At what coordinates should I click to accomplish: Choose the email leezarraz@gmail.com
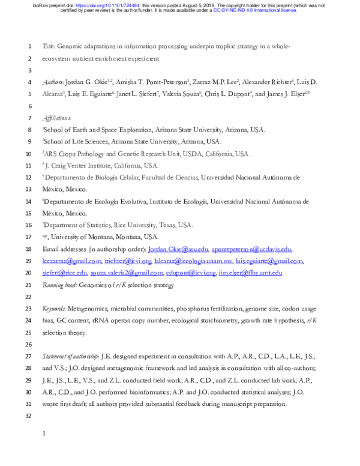(x=68, y=261)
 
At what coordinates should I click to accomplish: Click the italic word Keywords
(x=54, y=308)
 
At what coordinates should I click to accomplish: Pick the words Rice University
(x=157, y=226)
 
